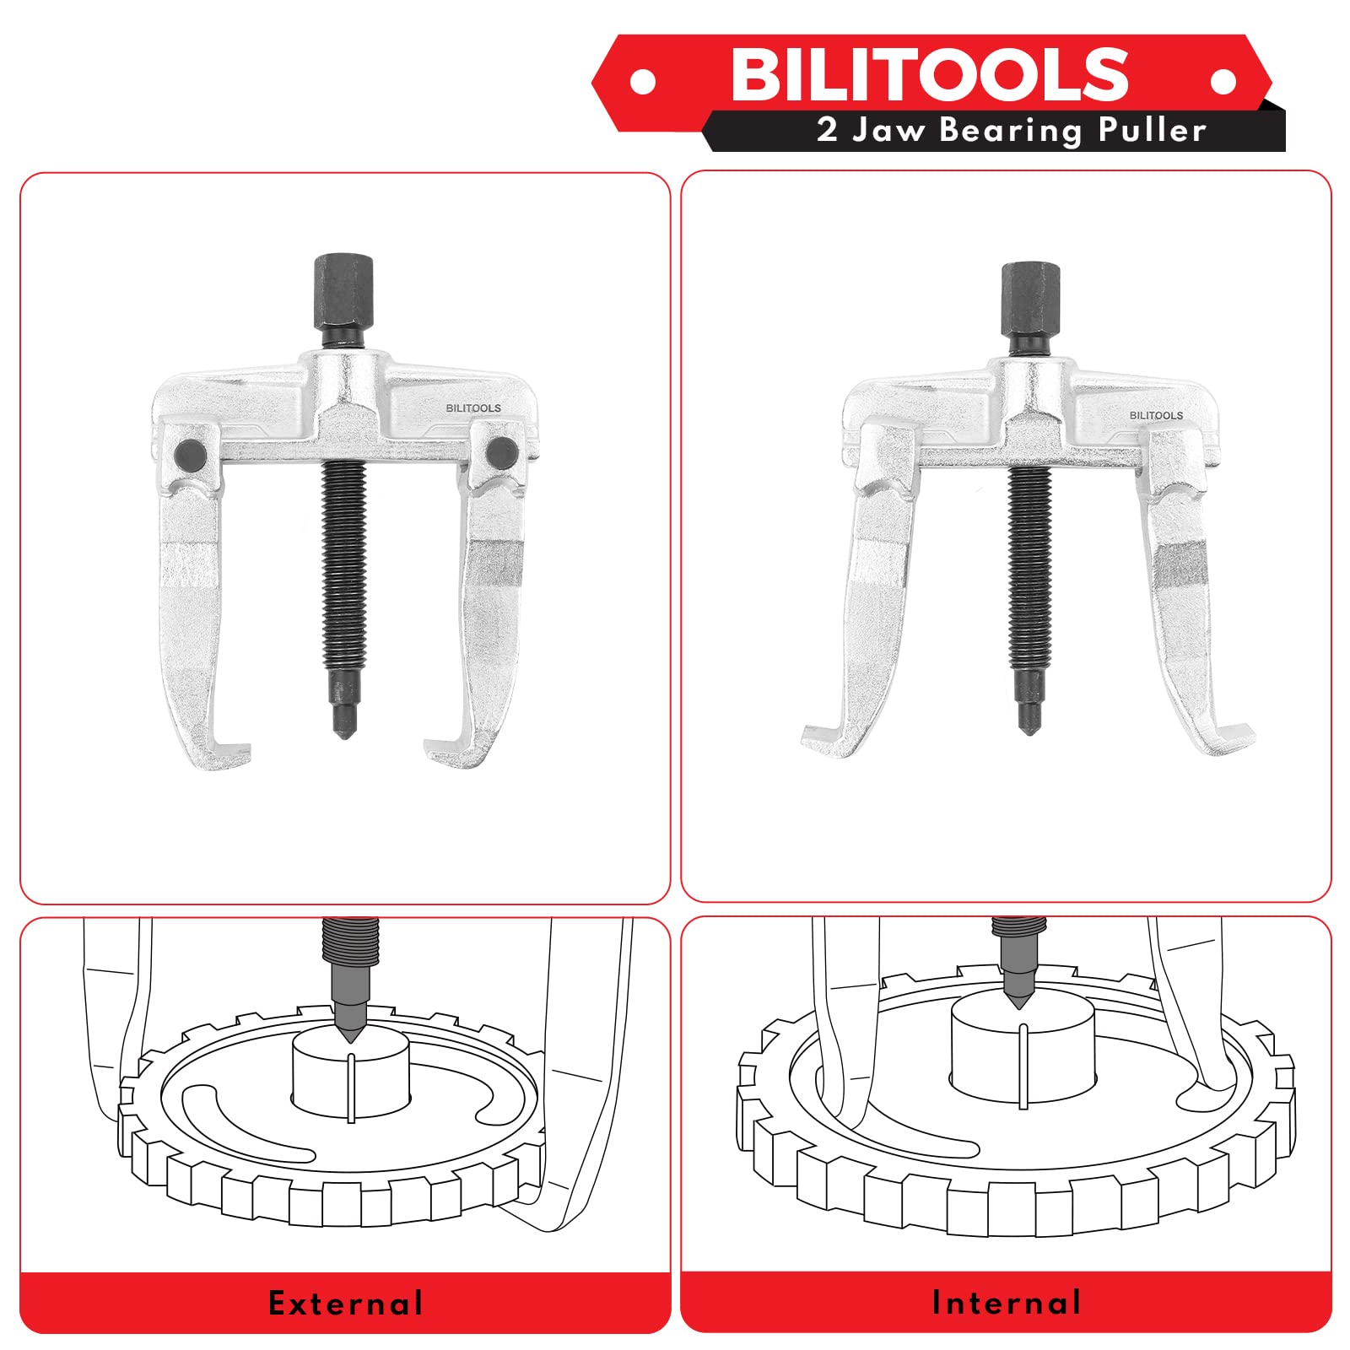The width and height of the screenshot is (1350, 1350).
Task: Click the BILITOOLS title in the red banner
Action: (929, 73)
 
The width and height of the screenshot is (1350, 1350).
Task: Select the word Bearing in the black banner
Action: (1010, 131)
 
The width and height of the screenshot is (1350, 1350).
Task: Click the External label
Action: (346, 1304)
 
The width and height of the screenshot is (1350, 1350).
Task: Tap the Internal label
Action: (1006, 1303)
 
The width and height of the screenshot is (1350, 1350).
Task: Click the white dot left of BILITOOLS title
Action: (643, 82)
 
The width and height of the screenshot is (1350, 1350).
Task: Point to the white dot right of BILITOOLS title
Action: (1223, 81)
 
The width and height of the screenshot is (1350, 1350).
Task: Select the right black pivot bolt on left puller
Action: (502, 453)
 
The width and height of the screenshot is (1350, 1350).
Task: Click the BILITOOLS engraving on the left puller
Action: (473, 408)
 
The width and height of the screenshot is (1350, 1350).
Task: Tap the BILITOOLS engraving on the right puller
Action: (1156, 415)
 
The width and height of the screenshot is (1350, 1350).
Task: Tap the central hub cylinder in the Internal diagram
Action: (1022, 1046)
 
